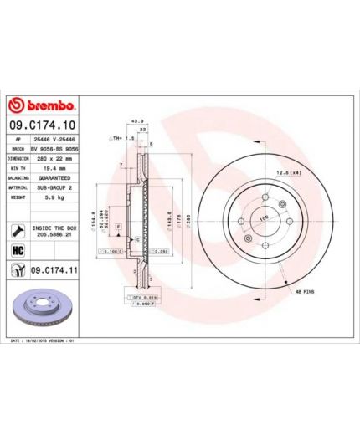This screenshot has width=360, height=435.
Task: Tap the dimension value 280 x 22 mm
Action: click(x=55, y=157)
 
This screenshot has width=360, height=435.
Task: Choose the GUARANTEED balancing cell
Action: click(x=55, y=177)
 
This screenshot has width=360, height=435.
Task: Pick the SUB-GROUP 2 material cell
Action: click(x=55, y=187)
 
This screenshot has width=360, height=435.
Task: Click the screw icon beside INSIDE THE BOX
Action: click(x=17, y=230)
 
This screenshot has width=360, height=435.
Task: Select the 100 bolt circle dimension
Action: click(x=263, y=218)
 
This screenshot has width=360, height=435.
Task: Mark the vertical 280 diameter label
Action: click(x=190, y=219)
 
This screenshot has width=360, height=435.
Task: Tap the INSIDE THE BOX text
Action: click(x=54, y=227)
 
